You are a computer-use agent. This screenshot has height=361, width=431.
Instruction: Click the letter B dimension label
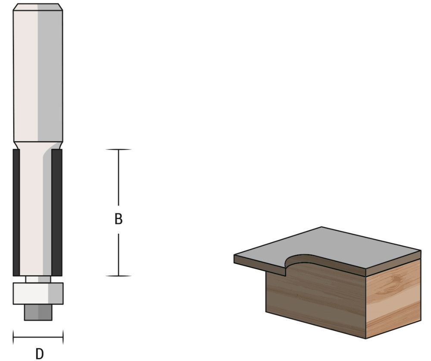tap(119, 219)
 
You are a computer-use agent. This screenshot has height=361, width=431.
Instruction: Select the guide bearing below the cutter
tap(38, 293)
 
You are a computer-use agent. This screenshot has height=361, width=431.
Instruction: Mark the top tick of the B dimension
tap(119, 150)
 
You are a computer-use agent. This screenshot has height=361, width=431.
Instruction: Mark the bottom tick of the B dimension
tap(119, 276)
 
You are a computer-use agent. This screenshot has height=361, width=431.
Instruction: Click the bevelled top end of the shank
tap(38, 7)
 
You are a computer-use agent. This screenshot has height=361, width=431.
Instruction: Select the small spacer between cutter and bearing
tap(38, 279)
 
